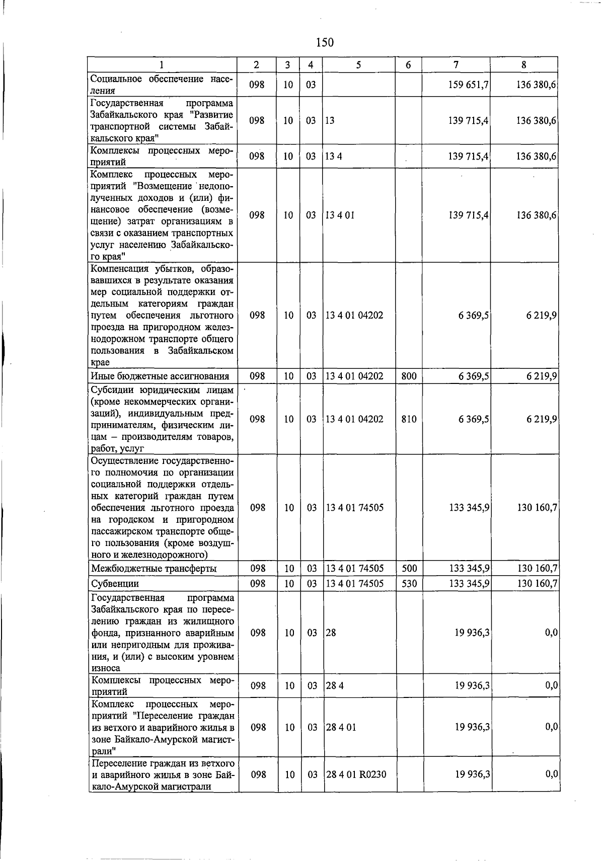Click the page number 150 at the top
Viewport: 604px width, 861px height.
(325, 43)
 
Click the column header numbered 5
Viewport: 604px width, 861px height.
(358, 65)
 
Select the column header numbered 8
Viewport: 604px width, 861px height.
(524, 65)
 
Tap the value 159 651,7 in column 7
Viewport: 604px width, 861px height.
(468, 85)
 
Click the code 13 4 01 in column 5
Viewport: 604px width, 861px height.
(340, 215)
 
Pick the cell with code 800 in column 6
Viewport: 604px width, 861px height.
(408, 376)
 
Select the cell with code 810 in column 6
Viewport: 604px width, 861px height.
(409, 419)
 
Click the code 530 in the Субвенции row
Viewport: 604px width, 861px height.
(409, 584)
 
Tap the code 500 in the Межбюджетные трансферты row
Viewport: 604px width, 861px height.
(409, 569)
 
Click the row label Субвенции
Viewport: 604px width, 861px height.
(115, 584)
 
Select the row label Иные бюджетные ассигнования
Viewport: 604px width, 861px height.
(160, 376)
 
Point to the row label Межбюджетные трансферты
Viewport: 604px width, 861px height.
(154, 569)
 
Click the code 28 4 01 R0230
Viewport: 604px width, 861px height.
(356, 774)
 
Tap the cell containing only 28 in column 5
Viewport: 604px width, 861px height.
(331, 633)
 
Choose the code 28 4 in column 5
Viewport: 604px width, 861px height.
(334, 686)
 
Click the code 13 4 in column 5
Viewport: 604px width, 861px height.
(333, 156)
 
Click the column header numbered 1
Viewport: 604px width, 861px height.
(162, 65)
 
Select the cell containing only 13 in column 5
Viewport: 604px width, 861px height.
(330, 121)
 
